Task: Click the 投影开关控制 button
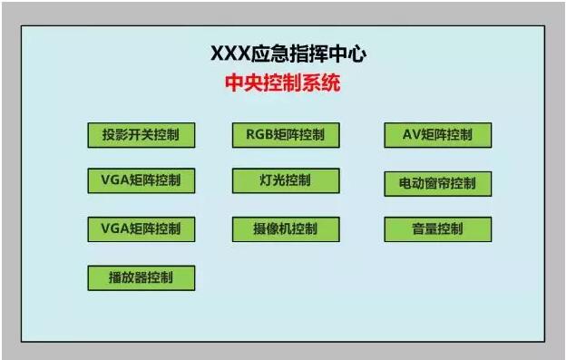point(141,136)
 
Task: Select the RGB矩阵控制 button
point(285,136)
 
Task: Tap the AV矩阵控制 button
point(437,135)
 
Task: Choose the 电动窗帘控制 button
point(437,183)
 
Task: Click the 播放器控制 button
point(141,277)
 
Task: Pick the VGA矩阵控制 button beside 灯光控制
point(141,180)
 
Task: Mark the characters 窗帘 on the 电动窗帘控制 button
point(437,183)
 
